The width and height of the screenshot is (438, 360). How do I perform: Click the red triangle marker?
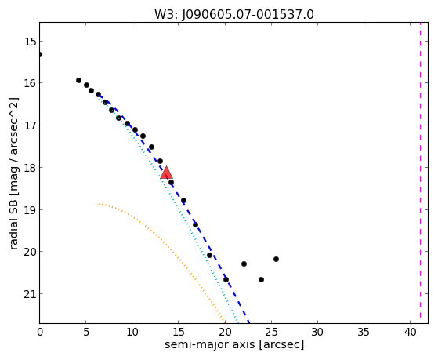166,173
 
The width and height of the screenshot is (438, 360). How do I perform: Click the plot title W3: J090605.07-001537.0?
234,15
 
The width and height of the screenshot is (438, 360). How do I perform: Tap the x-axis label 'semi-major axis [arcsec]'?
234,344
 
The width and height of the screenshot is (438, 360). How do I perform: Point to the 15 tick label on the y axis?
30,42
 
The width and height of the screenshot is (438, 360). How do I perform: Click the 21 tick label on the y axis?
30,294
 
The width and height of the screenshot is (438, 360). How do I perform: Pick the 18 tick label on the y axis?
30,168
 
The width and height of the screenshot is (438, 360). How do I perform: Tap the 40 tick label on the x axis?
410,332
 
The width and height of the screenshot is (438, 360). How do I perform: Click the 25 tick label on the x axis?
271,332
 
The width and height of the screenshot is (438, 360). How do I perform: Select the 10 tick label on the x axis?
132,332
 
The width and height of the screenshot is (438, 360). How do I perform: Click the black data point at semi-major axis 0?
40,54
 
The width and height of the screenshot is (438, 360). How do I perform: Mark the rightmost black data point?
276,260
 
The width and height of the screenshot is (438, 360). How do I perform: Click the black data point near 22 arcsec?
244,264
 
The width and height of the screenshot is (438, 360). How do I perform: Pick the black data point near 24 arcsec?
261,279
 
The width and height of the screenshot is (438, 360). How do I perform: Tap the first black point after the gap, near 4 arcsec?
79,80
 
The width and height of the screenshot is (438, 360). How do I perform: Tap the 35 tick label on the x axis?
364,332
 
